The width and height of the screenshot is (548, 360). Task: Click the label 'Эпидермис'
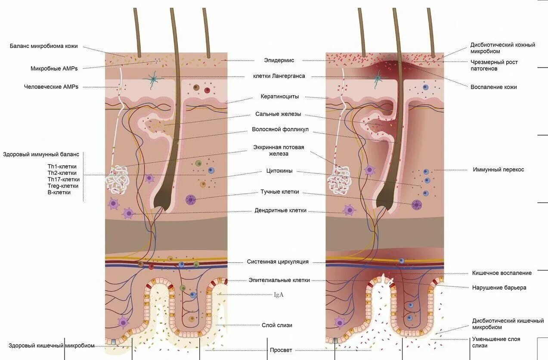pos(279,61)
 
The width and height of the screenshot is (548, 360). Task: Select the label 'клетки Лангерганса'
pos(279,76)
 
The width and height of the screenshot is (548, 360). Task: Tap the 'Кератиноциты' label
pos(279,96)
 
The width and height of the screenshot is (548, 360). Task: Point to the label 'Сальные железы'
pos(278,115)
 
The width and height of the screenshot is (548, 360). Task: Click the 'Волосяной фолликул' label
pos(280,130)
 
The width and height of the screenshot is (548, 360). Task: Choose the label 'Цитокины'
pos(279,171)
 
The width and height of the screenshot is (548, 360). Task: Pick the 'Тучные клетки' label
pos(279,192)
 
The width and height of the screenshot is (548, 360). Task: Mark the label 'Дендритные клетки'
pos(280,211)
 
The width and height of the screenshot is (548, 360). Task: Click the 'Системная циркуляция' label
pos(278,262)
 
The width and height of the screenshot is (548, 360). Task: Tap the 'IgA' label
pos(279,295)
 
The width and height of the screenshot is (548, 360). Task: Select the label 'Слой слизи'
pos(277,326)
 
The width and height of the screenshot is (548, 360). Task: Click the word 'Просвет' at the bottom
pos(281,351)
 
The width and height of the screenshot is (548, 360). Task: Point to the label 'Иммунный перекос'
pos(498,170)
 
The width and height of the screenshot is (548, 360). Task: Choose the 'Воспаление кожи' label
pos(493,87)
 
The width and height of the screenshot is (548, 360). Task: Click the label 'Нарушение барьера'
pos(499,288)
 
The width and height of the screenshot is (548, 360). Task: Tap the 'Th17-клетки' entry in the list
pos(63,180)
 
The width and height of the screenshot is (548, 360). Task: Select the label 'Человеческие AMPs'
pos(51,87)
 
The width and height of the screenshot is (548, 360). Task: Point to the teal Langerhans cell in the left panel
pos(153,80)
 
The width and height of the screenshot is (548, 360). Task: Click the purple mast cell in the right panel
pos(416,205)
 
